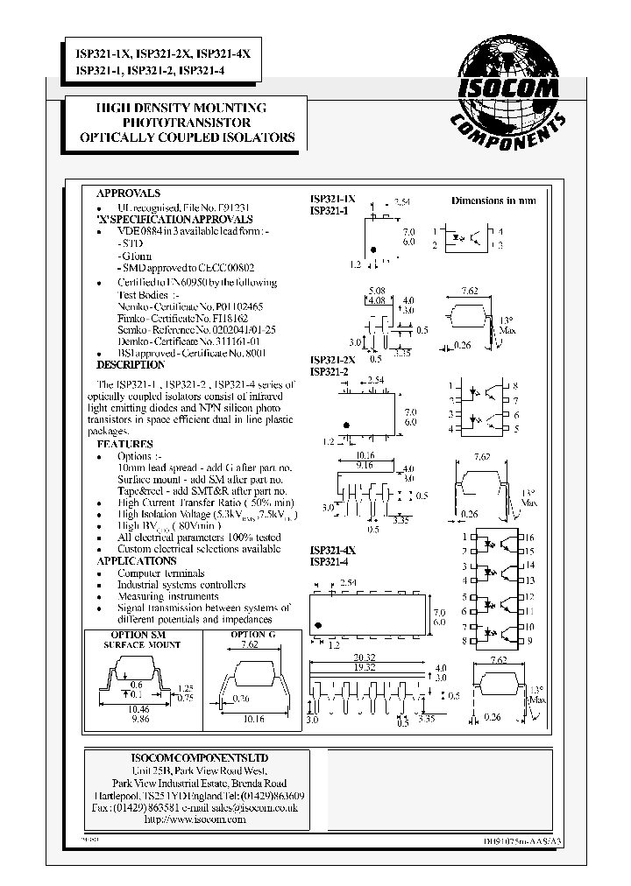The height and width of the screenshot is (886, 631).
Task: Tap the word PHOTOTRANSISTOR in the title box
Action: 187,123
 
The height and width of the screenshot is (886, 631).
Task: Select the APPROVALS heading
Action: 128,193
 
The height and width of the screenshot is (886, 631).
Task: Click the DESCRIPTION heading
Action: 130,364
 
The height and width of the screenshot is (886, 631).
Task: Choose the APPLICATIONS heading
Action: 136,560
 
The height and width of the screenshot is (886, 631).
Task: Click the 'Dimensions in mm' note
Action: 493,200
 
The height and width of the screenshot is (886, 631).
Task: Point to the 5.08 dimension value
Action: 378,291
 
